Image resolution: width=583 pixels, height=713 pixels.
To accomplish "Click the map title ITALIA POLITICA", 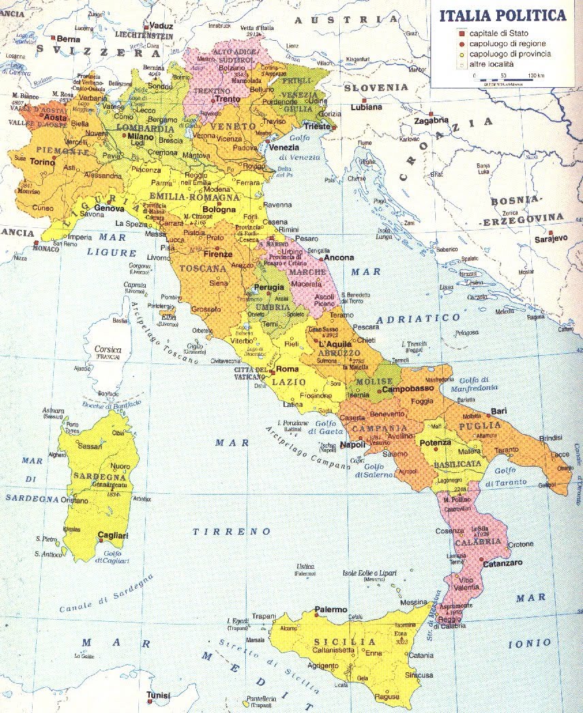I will click(502, 15).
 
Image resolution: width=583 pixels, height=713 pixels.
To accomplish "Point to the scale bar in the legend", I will click(505, 81).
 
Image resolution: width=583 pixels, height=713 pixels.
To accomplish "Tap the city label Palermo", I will click(331, 610).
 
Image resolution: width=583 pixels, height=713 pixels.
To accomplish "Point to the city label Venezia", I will click(283, 148).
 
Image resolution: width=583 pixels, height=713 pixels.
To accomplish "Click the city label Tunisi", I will click(157, 695).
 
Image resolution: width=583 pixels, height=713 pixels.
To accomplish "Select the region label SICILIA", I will click(343, 642).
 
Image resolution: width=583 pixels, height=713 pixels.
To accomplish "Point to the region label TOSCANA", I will click(203, 269).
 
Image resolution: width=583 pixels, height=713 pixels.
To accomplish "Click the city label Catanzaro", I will click(503, 563).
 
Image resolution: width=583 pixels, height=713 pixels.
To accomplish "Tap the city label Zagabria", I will click(430, 120).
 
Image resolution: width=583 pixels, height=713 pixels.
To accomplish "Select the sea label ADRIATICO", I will click(406, 318).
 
